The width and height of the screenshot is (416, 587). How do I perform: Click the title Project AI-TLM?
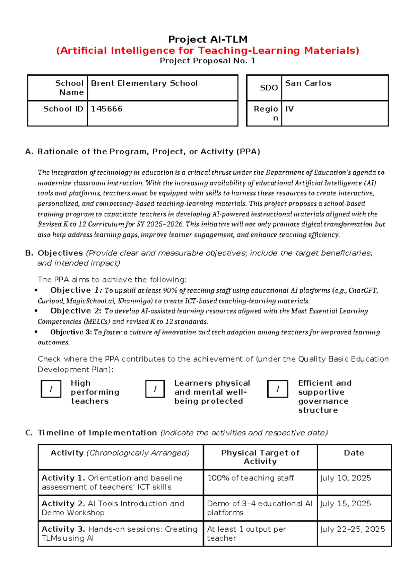[208, 39]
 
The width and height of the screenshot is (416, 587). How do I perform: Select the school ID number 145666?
[107, 109]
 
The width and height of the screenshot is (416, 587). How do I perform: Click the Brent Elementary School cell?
[144, 83]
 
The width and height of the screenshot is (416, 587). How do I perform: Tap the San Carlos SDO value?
[308, 83]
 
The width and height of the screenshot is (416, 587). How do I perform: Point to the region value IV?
[289, 109]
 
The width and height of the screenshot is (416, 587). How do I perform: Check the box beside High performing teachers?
[51, 389]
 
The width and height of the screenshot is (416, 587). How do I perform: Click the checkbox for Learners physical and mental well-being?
[155, 389]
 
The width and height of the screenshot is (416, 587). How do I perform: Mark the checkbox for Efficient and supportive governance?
[277, 389]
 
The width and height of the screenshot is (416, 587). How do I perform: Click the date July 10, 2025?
[346, 478]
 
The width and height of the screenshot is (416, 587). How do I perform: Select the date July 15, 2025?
[346, 504]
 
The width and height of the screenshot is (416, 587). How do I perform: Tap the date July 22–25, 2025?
[353, 529]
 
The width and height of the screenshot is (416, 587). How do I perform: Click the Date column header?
[354, 453]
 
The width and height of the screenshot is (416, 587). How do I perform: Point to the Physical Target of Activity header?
[260, 457]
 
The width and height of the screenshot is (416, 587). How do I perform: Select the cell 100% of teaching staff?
[251, 478]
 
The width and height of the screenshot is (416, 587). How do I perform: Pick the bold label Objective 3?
[71, 332]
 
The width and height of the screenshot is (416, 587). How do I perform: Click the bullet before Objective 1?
[36, 291]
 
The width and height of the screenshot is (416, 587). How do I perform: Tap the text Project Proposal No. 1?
[207, 61]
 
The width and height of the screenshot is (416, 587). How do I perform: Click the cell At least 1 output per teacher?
[246, 533]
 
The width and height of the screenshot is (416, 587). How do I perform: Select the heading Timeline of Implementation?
[97, 433]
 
